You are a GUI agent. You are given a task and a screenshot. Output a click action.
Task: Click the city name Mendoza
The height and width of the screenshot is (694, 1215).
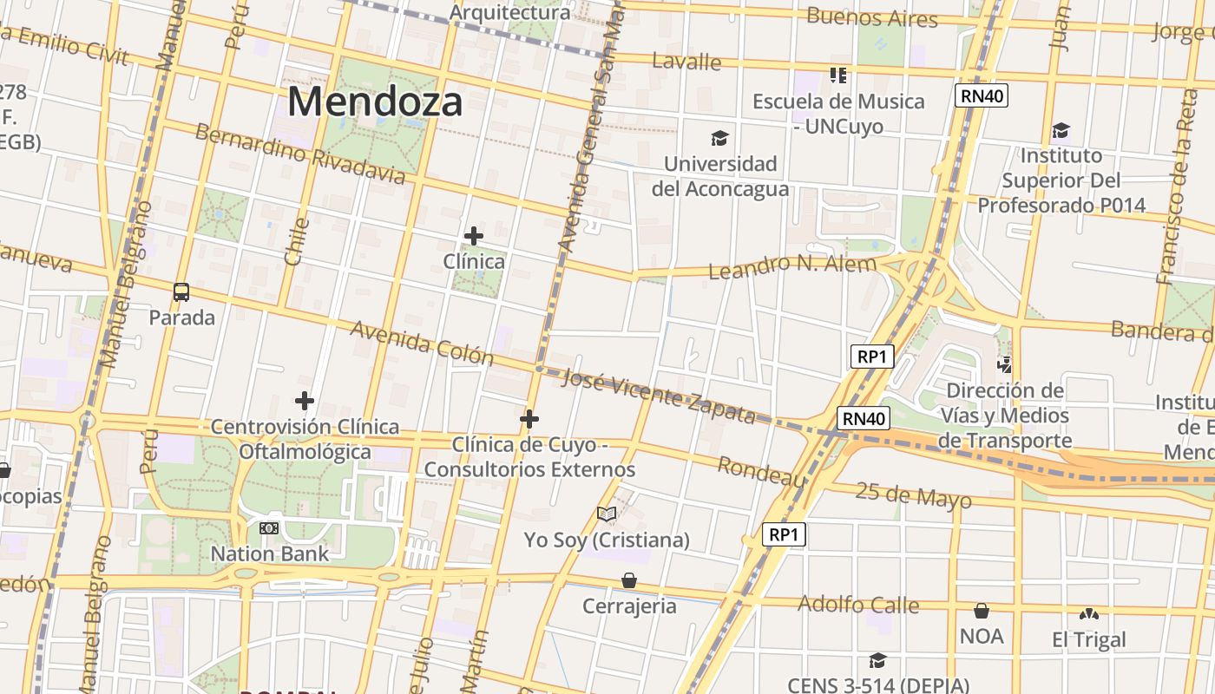(375, 101)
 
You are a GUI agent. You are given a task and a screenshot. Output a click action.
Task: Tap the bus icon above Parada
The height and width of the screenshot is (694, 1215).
(181, 292)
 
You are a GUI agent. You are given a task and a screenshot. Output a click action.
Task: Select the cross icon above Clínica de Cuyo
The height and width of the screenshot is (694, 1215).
(529, 420)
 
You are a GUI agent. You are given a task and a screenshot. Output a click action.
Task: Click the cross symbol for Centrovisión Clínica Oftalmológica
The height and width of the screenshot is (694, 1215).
(304, 401)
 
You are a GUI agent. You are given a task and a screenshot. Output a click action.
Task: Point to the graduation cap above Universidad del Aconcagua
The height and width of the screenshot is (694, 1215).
(719, 138)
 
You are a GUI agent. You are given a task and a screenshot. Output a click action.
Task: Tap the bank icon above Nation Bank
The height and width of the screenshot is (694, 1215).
(269, 527)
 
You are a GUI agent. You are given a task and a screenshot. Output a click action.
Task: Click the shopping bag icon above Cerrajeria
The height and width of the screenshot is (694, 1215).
(629, 580)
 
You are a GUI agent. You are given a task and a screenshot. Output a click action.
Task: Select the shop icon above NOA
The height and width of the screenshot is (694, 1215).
(982, 611)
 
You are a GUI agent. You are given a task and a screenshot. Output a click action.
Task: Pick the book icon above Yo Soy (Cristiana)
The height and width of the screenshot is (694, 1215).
(607, 514)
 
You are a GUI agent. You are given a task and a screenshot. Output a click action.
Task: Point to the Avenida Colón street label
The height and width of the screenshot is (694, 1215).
(422, 344)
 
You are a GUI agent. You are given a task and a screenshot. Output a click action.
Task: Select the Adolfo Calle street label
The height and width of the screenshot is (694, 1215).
(857, 604)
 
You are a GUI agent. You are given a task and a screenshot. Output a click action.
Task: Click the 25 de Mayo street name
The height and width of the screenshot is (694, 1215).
(913, 496)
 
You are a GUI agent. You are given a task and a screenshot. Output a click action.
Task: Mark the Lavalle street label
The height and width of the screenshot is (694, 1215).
(686, 62)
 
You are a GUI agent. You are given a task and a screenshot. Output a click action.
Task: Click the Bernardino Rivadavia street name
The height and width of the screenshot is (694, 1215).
(299, 154)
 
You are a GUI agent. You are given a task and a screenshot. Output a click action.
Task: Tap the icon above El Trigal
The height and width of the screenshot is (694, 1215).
(1088, 614)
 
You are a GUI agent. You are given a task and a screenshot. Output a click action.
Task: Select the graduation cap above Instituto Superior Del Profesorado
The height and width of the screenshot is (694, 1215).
(1061, 131)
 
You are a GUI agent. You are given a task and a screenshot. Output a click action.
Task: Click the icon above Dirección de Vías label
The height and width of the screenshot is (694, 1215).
(1005, 365)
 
